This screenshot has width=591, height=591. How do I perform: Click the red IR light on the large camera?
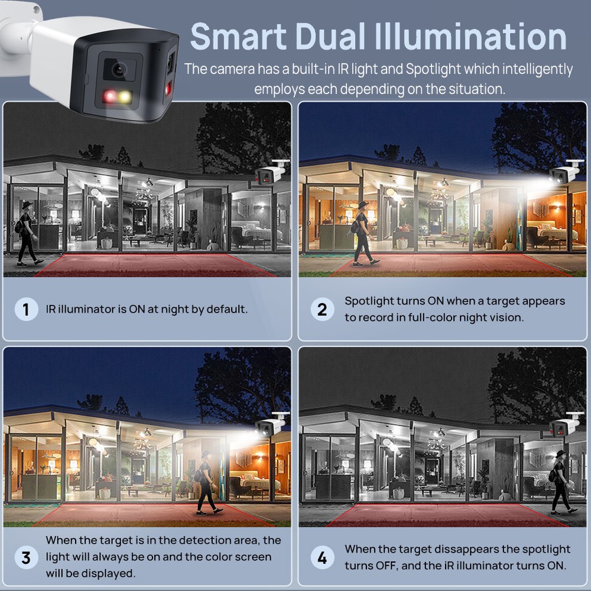pyautogui.click(x=110, y=96)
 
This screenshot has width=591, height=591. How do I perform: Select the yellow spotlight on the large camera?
pyautogui.click(x=124, y=96)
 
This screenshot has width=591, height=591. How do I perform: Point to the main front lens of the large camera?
pyautogui.click(x=119, y=69)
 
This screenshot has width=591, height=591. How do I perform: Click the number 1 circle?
pyautogui.click(x=26, y=310)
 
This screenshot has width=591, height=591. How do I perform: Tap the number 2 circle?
pyautogui.click(x=322, y=310)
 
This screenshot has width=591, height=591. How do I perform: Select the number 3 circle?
pyautogui.click(x=26, y=557)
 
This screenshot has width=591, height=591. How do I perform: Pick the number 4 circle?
pyautogui.click(x=322, y=557)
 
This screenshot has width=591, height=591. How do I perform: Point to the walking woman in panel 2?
pyautogui.click(x=363, y=233)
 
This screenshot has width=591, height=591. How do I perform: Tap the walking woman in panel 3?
pyautogui.click(x=207, y=483)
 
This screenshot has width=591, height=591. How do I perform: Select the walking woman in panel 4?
pyautogui.click(x=561, y=482)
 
